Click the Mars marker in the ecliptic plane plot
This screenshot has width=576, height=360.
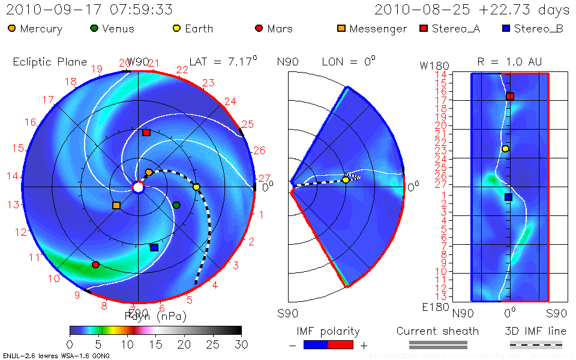point(95,265)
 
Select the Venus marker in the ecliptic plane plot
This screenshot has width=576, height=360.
point(176,205)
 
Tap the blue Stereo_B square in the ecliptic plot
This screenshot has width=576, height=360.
point(154,247)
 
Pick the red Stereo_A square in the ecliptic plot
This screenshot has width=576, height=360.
point(146,133)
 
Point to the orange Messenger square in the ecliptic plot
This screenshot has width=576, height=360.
point(116,206)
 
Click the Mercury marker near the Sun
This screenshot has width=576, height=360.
point(149,172)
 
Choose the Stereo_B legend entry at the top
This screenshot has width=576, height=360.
point(533,28)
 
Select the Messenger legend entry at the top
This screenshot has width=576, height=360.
point(372,28)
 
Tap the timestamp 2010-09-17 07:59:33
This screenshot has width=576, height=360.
point(89,10)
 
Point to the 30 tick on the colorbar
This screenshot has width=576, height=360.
point(241,344)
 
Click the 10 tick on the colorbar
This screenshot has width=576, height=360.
point(127,344)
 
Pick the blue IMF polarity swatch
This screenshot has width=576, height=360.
point(316,345)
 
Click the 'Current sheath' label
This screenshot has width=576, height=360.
point(437,331)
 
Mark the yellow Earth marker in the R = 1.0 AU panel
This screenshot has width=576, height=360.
point(505,149)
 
